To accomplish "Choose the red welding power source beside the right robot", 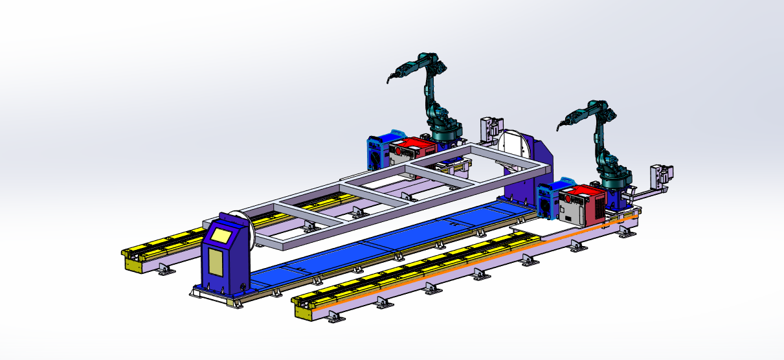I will [583, 205].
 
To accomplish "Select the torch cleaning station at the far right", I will [662, 175].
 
